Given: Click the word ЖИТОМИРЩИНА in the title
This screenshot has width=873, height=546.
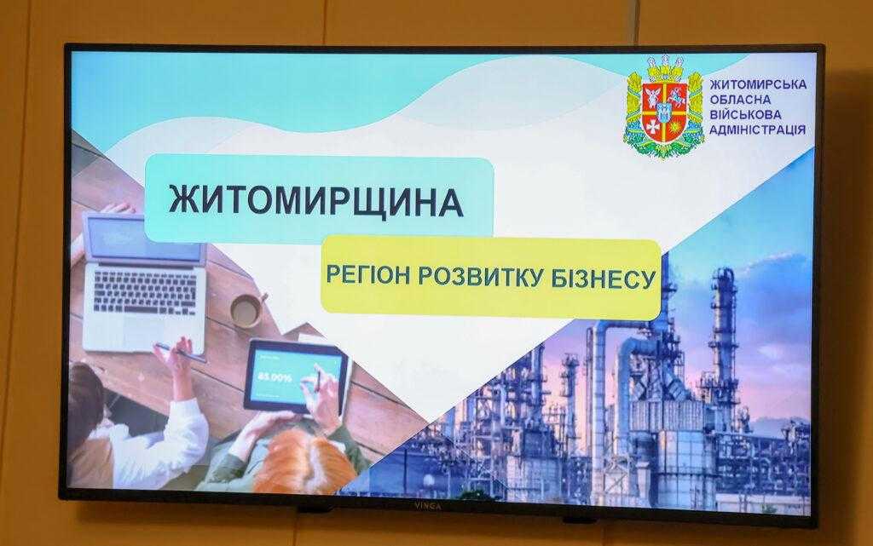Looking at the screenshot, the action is [315, 201].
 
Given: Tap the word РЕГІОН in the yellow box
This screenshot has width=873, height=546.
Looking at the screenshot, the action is [367, 275].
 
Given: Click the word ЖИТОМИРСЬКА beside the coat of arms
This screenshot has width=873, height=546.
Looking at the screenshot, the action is [758, 85].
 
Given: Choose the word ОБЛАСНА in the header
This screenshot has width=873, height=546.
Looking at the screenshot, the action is [740, 100].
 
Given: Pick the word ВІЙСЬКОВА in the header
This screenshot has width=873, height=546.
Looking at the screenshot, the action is [745, 115].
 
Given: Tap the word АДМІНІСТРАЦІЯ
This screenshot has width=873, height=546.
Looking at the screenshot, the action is [757, 130].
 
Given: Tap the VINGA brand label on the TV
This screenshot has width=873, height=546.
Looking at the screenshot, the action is [427, 506].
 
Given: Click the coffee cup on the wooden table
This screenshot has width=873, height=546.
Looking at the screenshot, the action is [247, 309].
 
